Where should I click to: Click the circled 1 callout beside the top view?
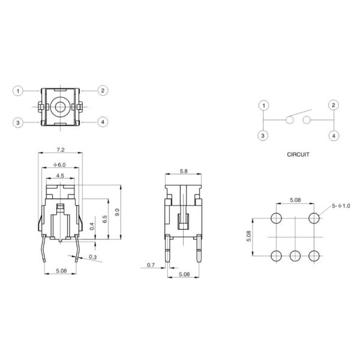pyautogui.click(x=19, y=91)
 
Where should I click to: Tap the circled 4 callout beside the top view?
pyautogui.click(x=103, y=122)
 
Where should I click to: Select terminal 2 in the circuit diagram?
pyautogui.click(x=333, y=105)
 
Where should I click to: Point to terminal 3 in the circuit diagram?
pyautogui.click(x=263, y=136)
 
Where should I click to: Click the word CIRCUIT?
pyautogui.click(x=298, y=154)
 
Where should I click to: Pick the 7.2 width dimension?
pyautogui.click(x=61, y=148)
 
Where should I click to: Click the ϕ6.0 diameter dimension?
pyautogui.click(x=61, y=164)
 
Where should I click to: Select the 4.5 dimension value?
pyautogui.click(x=61, y=176)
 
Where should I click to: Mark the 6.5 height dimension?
pyautogui.click(x=104, y=218)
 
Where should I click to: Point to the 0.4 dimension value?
pyautogui.click(x=92, y=226)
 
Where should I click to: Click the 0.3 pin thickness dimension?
pyautogui.click(x=92, y=257)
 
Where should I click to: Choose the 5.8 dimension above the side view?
pyautogui.click(x=182, y=172)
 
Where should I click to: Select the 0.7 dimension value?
pyautogui.click(x=151, y=265)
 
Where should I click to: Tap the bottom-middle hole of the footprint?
pyautogui.click(x=295, y=256)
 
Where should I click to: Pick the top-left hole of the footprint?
pyautogui.click(x=277, y=217)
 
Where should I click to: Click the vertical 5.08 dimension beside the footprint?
pyautogui.click(x=250, y=236)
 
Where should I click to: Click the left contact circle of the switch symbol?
pyautogui.click(x=289, y=120)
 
